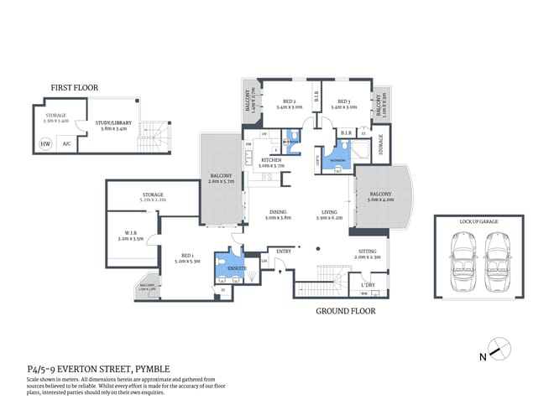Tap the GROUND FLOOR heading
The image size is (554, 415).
(x=345, y=310)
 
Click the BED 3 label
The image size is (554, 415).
(x=339, y=101)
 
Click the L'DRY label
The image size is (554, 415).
(x=368, y=284)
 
